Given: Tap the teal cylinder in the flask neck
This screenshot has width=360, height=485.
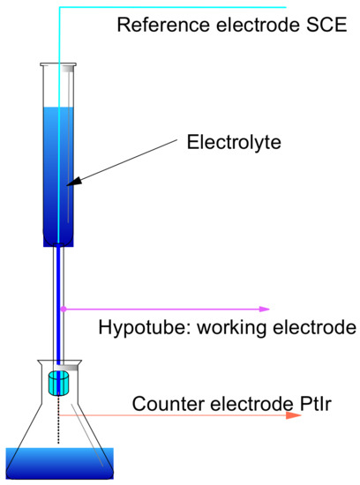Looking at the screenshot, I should pos(59,383).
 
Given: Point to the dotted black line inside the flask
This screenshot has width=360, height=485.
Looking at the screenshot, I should pos(59,423).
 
